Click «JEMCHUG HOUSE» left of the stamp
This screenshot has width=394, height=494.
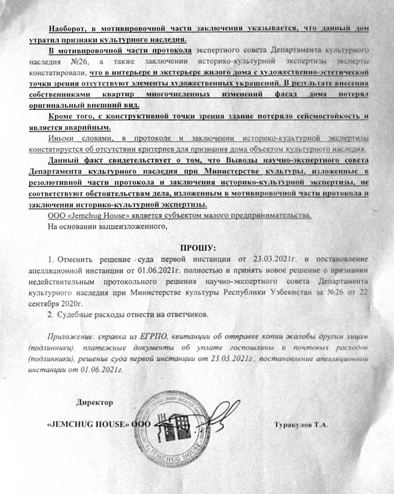pyautogui.click(x=88, y=425)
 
